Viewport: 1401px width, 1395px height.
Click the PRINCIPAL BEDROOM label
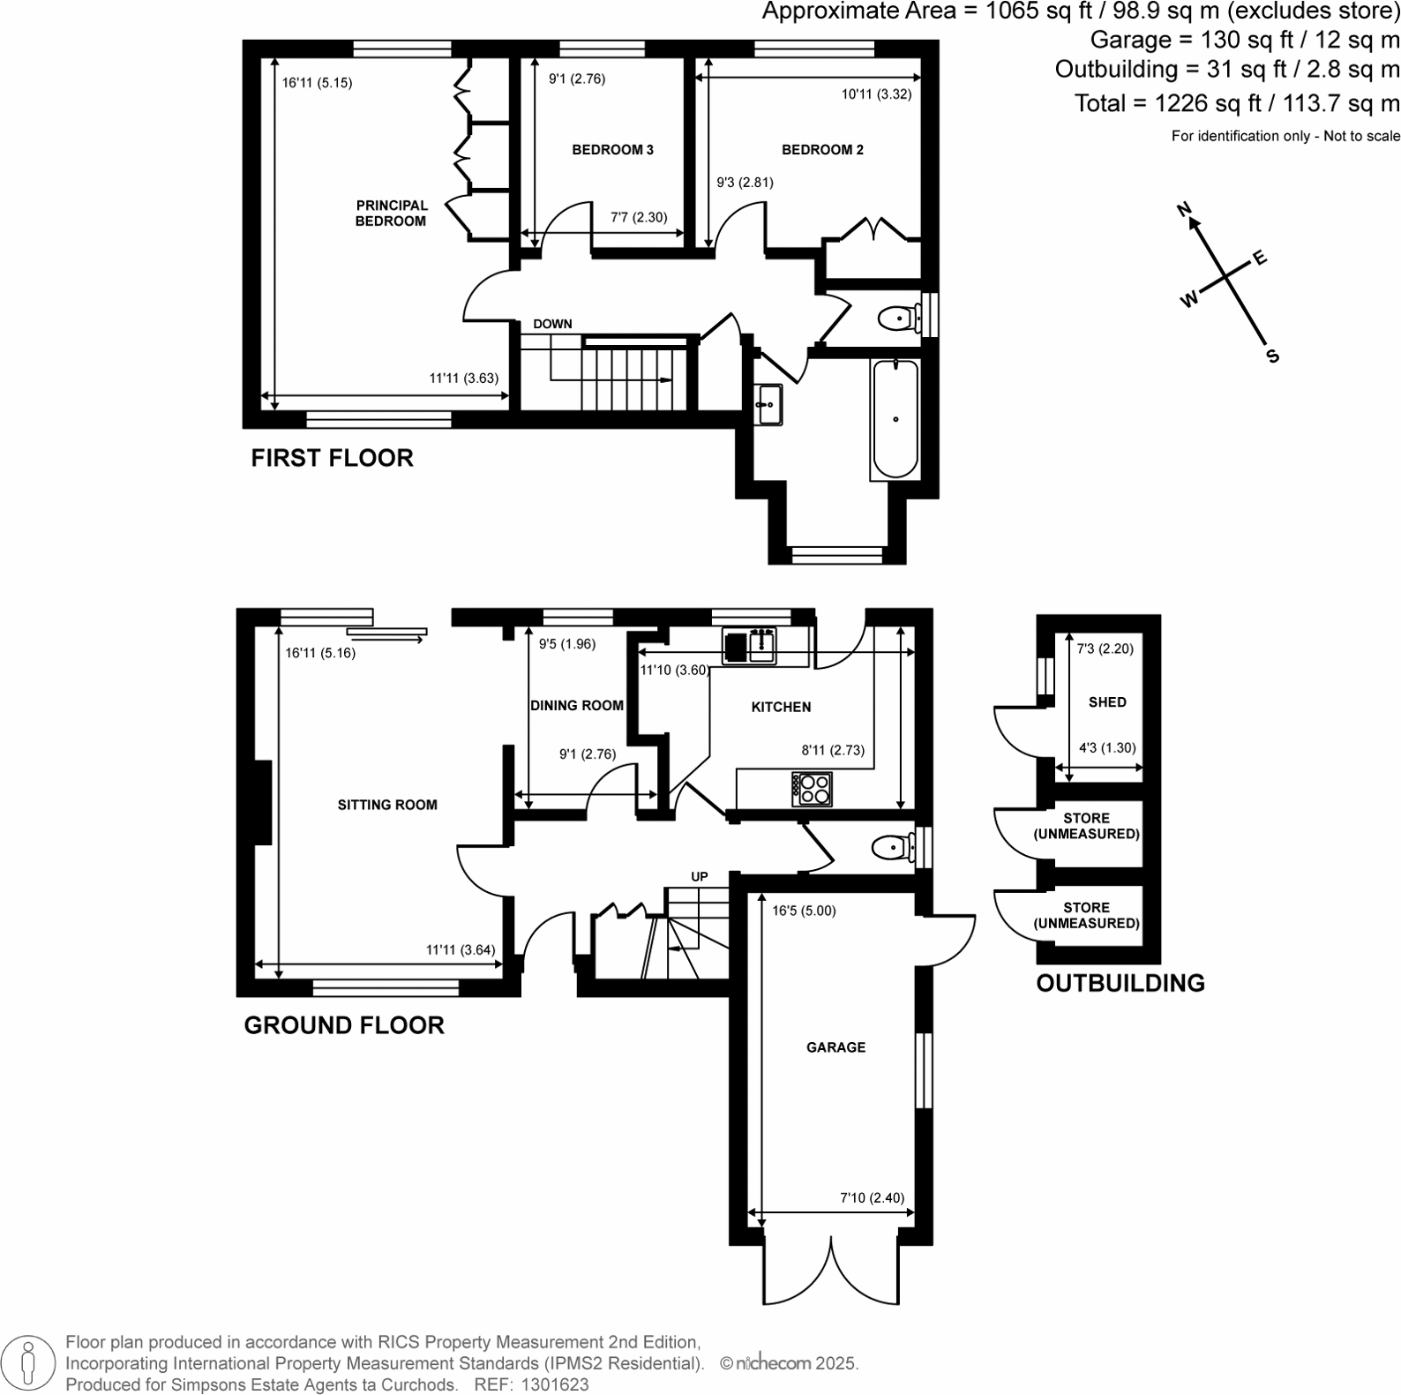point(391,213)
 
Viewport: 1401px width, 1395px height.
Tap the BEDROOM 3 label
point(612,150)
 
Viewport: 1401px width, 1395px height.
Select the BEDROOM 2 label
point(822,150)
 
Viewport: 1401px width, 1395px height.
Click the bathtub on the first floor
point(895,419)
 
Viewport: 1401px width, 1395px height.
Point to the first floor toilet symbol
point(897,317)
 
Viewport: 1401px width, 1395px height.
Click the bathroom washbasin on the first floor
point(768,406)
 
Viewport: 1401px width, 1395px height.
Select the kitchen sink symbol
point(749,646)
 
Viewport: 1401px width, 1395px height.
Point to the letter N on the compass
point(1185,209)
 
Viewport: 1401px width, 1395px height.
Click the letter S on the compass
point(1272,356)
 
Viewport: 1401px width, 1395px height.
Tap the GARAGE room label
point(835,1047)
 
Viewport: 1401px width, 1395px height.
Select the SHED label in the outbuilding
point(1107,702)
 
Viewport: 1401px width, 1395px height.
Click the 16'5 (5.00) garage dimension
point(804,911)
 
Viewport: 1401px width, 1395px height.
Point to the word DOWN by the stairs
point(552,324)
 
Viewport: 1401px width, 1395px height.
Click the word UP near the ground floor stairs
point(699,877)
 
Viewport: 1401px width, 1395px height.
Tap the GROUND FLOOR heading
point(344,1025)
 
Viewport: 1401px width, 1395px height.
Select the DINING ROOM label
point(577,706)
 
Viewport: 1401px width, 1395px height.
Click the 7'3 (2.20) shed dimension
point(1105,649)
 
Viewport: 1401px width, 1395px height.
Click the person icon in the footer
point(28,1362)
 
